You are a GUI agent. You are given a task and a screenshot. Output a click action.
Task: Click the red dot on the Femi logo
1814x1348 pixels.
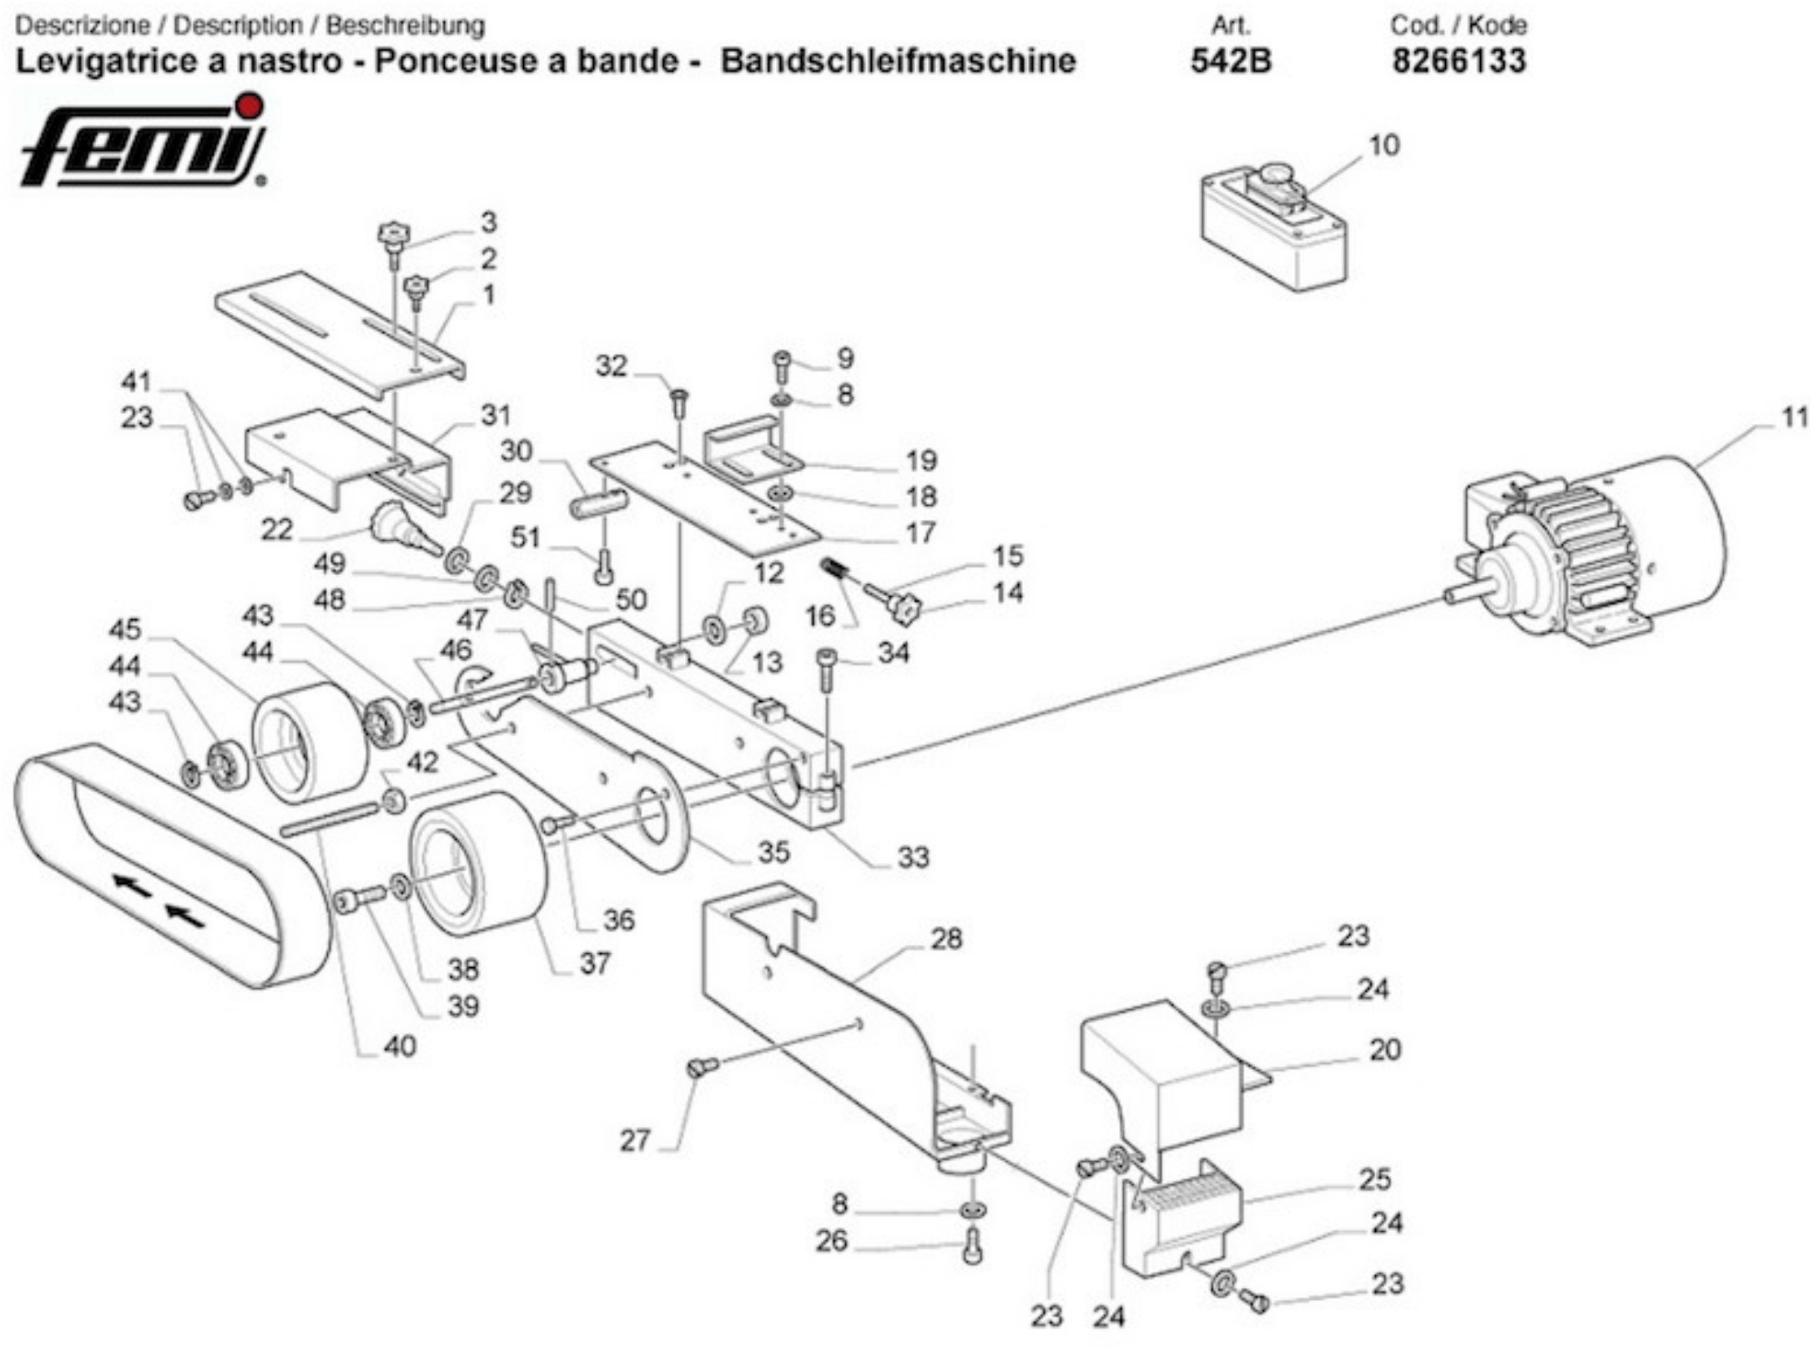(249, 104)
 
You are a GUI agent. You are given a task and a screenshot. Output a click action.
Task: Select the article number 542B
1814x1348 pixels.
(1231, 61)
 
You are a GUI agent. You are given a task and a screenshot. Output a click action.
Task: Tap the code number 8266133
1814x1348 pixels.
(1459, 61)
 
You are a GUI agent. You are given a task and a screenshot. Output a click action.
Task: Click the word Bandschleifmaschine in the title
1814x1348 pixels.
(898, 61)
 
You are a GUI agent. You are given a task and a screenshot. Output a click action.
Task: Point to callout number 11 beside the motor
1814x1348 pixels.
(1794, 417)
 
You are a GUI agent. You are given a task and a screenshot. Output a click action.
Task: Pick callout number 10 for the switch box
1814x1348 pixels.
(1383, 145)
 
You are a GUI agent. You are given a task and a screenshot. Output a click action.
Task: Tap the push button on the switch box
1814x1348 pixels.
(1274, 174)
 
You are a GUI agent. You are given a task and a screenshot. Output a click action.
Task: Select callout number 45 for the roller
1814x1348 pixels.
(125, 629)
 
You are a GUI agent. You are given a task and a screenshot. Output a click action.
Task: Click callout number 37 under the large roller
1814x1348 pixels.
(595, 963)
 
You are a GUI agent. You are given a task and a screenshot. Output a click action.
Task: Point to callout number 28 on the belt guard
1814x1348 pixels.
(946, 939)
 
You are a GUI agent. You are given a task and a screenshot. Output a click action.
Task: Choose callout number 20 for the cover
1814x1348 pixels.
(1385, 1049)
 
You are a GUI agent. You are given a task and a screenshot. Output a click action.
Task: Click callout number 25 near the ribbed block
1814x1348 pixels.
(1375, 1179)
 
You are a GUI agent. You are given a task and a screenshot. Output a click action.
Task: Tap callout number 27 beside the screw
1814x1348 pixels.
(635, 1139)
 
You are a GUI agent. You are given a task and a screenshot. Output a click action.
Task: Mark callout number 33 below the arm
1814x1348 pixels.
(913, 857)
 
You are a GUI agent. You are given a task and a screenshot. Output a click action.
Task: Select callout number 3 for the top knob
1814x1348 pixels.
(488, 222)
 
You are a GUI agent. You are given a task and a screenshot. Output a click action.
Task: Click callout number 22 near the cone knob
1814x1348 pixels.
(277, 528)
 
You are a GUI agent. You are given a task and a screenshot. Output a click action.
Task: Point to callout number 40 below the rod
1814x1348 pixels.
(400, 1046)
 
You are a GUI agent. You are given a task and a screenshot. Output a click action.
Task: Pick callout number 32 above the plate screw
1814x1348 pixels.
(611, 366)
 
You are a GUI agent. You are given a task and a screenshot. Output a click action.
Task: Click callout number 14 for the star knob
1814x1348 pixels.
(1008, 593)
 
